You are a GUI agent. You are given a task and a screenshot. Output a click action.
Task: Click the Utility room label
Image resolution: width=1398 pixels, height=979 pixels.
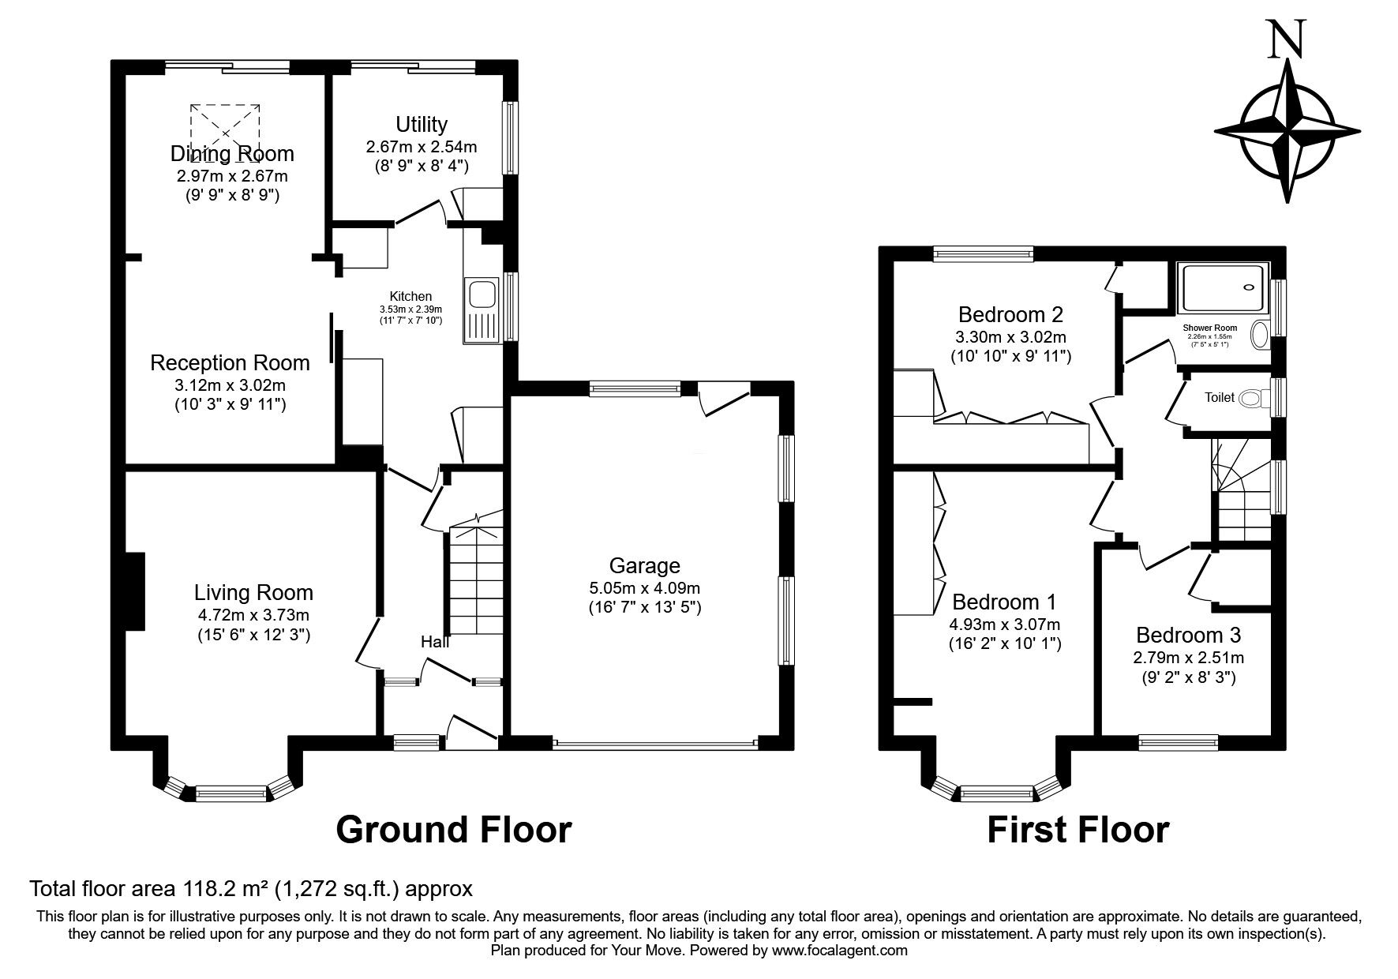click(x=422, y=124)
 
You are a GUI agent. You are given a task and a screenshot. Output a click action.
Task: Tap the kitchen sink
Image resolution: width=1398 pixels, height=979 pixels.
click(x=481, y=294)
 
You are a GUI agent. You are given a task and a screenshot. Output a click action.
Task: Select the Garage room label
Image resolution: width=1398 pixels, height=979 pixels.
click(x=645, y=565)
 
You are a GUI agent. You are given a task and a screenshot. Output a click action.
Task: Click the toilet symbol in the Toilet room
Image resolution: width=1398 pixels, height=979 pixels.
click(x=1249, y=398)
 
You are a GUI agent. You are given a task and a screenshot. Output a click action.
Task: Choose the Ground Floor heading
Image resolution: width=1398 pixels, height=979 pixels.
click(x=454, y=830)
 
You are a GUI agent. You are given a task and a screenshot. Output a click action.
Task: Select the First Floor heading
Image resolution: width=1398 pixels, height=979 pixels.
click(x=1078, y=830)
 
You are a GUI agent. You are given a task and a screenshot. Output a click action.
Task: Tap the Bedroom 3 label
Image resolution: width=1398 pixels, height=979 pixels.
click(x=1188, y=635)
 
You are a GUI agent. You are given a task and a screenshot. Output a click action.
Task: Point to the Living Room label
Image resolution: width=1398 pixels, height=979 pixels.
click(x=253, y=592)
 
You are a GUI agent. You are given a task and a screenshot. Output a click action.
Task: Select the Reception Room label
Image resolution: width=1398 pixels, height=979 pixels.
click(x=230, y=363)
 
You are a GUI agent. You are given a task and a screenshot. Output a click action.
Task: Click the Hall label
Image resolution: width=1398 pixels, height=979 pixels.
click(x=435, y=642)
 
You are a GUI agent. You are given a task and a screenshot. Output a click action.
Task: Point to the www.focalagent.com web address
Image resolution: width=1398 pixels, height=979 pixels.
click(x=840, y=951)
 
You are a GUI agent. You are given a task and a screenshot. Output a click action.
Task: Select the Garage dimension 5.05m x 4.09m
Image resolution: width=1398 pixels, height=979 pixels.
click(x=645, y=588)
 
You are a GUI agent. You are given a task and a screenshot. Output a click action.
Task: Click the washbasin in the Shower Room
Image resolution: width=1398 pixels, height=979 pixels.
click(x=1259, y=336)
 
